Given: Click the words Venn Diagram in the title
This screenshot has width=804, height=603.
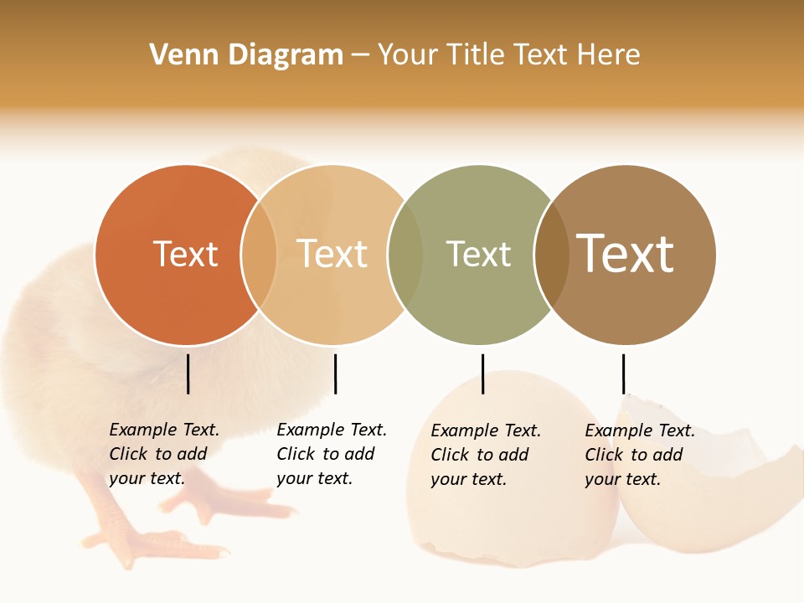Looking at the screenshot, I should (x=246, y=55).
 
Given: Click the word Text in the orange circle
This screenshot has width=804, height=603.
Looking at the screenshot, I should (x=185, y=254).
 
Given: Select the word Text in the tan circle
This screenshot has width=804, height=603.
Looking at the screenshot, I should (x=332, y=254).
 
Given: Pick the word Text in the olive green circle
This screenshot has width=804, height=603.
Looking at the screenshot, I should (x=478, y=254).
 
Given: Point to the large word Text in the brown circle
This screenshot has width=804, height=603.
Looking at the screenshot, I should (x=625, y=254).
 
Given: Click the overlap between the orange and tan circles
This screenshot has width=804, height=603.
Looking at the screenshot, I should (x=259, y=255).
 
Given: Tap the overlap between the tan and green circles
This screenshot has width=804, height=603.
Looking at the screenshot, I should (x=405, y=255).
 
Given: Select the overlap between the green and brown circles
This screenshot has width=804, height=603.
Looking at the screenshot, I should (x=552, y=255).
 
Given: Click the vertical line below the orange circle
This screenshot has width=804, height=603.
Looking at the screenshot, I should (x=188, y=374).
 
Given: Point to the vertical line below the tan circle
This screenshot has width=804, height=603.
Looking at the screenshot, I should (x=335, y=374).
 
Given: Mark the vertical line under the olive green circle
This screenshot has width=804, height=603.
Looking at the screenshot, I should (x=482, y=374).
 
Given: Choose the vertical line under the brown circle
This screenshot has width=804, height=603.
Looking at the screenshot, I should (x=623, y=374).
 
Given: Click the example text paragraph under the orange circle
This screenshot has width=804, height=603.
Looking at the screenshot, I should (x=164, y=454).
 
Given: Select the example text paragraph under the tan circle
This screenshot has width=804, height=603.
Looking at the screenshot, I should (x=332, y=454).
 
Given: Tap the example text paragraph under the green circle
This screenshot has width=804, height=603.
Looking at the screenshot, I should (x=486, y=455).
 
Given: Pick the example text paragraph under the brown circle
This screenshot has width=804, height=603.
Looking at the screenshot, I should (x=640, y=455).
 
